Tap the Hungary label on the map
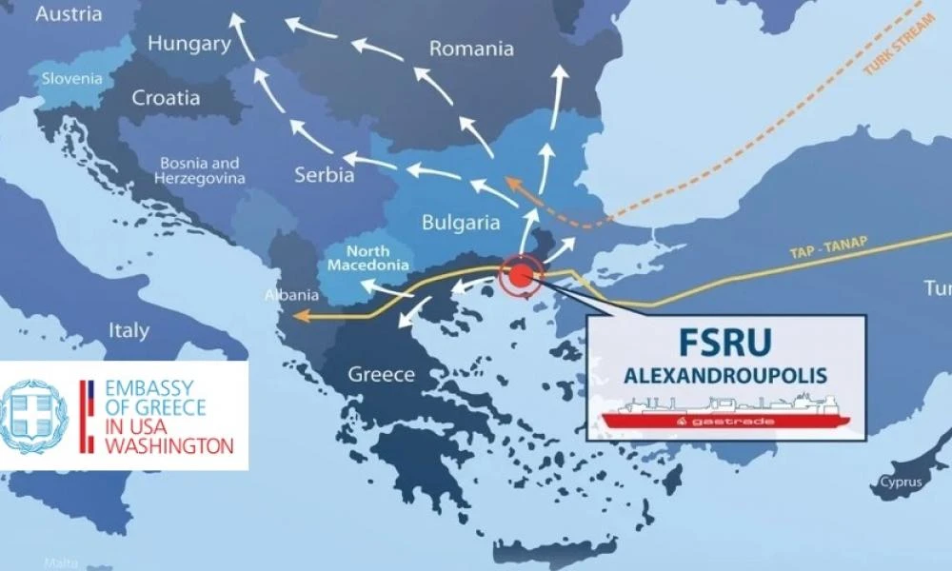(189, 44)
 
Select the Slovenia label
(71, 78)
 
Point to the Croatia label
(166, 98)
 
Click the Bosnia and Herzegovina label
(202, 170)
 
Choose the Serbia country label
(324, 175)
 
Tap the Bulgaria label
(461, 224)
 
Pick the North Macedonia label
(368, 258)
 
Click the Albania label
(286, 295)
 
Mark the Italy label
(129, 331)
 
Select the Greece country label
(381, 374)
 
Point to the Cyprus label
(901, 482)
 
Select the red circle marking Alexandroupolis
(520, 276)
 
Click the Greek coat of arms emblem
(35, 416)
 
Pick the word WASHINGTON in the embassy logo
(168, 444)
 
